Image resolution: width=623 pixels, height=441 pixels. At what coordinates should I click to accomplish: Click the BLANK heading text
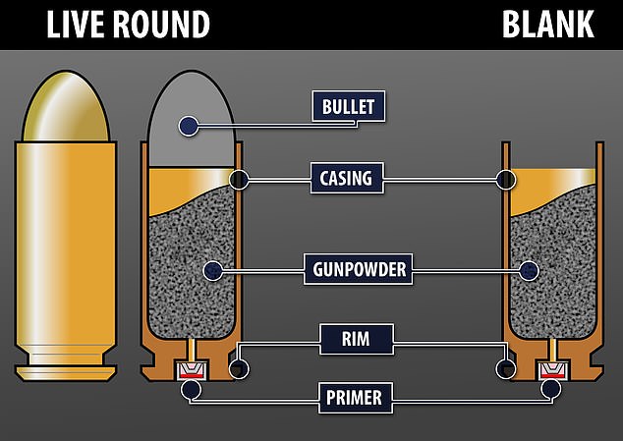[548, 23]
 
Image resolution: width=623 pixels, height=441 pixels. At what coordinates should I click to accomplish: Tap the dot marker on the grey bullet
[188, 126]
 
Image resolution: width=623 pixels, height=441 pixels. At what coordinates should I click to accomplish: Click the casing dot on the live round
[236, 179]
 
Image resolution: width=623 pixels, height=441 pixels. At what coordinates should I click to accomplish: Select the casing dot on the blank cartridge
[506, 179]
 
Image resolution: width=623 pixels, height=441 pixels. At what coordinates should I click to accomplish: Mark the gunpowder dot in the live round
[209, 268]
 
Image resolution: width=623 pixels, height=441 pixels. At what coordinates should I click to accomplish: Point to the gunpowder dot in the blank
[531, 268]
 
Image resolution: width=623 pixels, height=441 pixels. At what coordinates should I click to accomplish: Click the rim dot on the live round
[236, 368]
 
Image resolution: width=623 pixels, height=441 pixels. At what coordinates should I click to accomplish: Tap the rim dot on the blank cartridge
[506, 368]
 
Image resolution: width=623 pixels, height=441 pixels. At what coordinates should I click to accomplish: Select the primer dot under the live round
[191, 390]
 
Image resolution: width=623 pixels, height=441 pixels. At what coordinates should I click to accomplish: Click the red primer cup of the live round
[191, 370]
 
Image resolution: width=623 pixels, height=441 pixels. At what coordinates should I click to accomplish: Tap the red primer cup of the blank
[551, 370]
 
